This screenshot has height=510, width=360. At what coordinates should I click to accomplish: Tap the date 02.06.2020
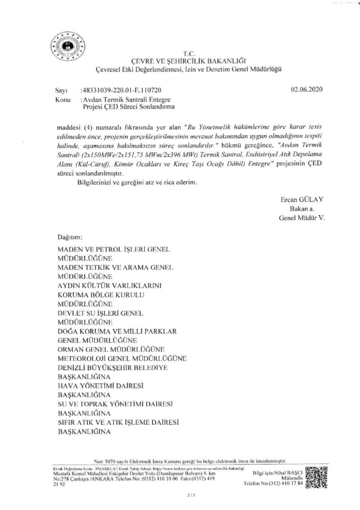tap(307, 90)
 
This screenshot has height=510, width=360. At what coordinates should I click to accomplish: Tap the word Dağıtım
tap(70, 237)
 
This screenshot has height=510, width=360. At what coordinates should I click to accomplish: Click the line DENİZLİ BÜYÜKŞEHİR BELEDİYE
tap(112, 368)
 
